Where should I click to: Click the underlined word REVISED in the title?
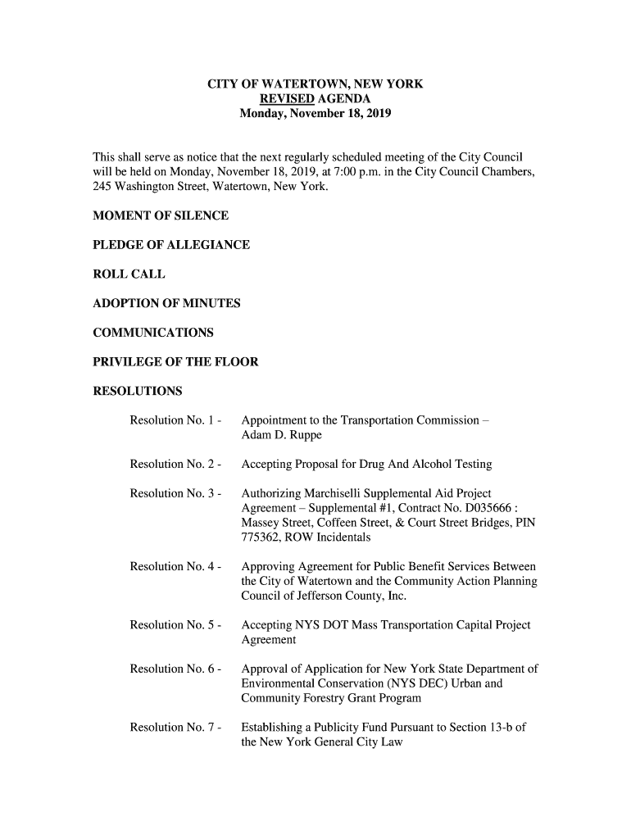tap(279, 99)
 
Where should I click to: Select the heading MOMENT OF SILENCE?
tap(161, 216)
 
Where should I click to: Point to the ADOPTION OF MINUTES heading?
tap(166, 304)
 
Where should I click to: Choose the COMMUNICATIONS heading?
tap(153, 333)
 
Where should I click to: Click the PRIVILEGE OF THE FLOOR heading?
tap(175, 361)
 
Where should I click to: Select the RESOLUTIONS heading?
tap(138, 390)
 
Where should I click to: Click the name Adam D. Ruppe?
tap(282, 435)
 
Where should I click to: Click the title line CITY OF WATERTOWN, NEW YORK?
tap(315, 84)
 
